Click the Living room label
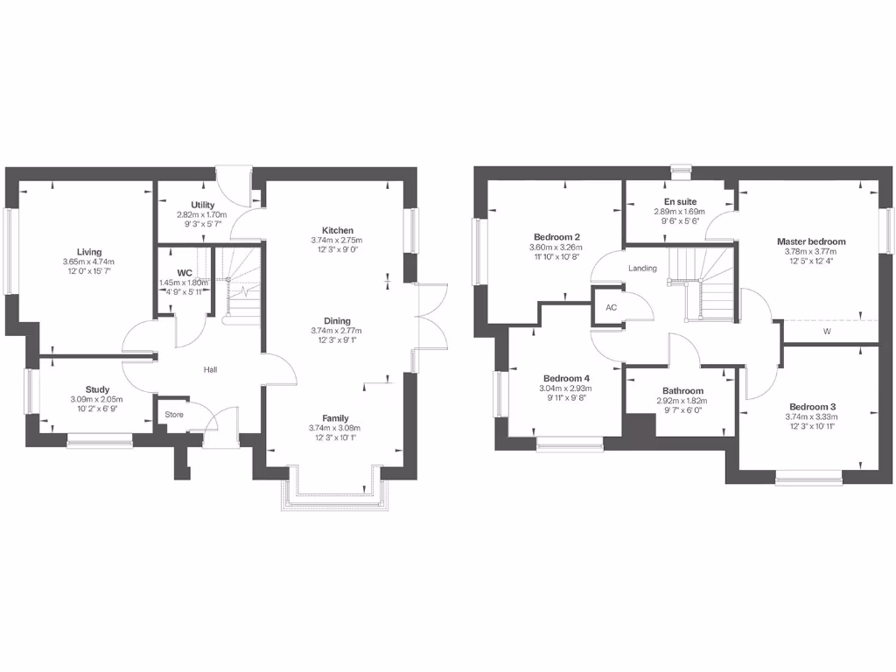89,252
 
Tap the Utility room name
202,205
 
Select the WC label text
185,273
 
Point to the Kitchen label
336,230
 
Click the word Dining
336,320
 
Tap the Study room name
97,389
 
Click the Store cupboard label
174,414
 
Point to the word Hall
210,370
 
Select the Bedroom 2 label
557,237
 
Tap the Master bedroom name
811,241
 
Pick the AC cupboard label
611,308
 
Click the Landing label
642,269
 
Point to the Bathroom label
682,391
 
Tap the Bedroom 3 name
813,407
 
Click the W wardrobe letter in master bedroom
827,332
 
